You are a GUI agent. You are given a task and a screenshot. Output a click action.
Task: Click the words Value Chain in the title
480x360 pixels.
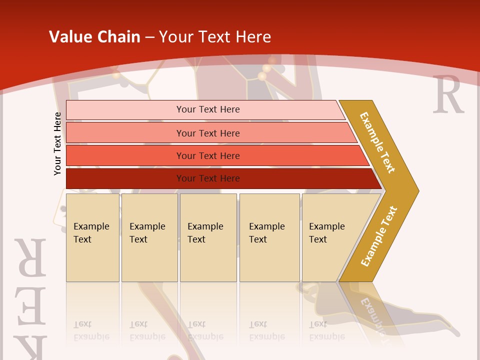[94, 37]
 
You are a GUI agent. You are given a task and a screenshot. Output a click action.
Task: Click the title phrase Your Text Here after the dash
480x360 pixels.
[215, 37]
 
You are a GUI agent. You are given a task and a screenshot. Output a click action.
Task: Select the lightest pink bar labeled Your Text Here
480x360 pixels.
[207, 109]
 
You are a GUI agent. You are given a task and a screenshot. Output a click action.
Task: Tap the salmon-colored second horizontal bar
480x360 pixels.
[207, 133]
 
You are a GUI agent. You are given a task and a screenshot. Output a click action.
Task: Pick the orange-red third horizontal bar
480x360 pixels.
[207, 155]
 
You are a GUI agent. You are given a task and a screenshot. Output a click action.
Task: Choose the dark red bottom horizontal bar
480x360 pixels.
[207, 178]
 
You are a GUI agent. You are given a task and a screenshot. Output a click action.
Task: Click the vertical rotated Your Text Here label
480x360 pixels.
[57, 143]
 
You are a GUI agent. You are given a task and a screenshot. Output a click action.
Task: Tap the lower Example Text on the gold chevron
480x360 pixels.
[379, 236]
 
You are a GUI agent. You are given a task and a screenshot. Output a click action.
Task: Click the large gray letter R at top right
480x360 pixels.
[448, 94]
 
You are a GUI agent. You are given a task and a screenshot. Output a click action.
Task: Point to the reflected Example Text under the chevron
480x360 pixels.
[372, 315]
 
